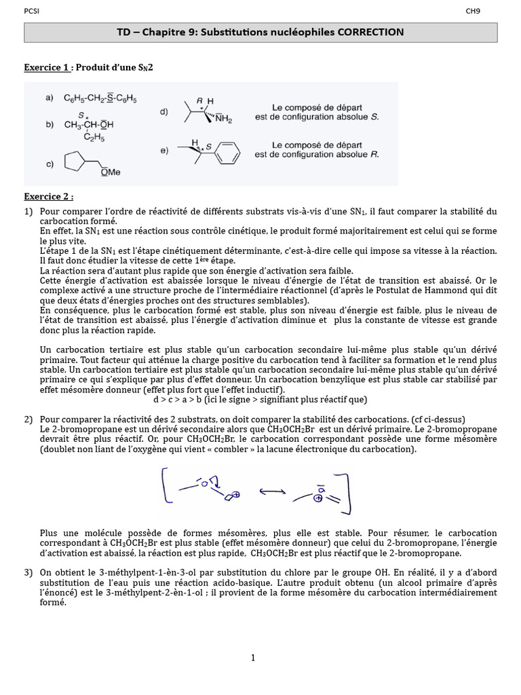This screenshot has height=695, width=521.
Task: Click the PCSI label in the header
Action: pos(31,11)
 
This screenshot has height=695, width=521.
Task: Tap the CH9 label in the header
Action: pos(472,11)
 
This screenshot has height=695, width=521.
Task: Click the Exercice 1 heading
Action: pos(47,68)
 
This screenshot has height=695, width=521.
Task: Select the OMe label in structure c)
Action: pos(111,172)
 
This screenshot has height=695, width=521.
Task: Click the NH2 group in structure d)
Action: pos(223,119)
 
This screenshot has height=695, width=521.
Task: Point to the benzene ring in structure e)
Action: pos(228,152)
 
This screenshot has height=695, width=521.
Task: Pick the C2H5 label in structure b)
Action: pos(98,136)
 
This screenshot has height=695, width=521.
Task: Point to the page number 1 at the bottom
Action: pos(253,657)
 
